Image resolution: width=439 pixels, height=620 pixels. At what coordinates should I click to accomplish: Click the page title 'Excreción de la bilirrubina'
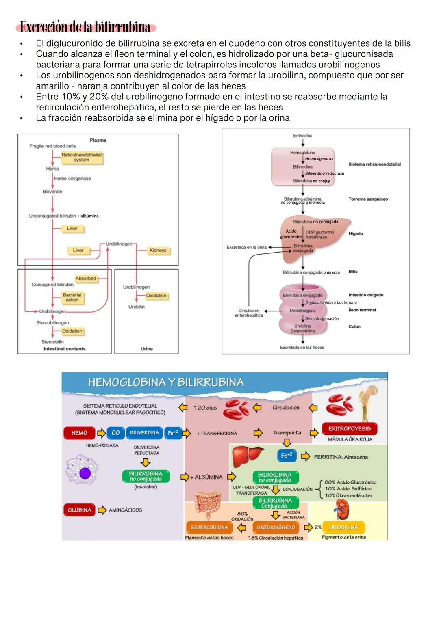pyautogui.click(x=85, y=27)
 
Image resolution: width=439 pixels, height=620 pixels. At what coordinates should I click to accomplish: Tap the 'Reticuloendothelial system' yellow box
pyautogui.click(x=82, y=158)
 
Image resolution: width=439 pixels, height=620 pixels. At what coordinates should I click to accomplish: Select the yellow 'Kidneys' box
pyautogui.click(x=158, y=251)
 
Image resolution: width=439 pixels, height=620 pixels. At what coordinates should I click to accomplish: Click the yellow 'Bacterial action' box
pyautogui.click(x=72, y=298)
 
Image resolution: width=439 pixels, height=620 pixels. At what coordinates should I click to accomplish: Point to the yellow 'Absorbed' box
pyautogui.click(x=86, y=279)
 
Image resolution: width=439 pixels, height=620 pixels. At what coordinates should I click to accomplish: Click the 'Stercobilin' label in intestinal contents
pyautogui.click(x=52, y=342)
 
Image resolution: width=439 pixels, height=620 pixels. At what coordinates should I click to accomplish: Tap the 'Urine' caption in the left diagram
pyautogui.click(x=146, y=349)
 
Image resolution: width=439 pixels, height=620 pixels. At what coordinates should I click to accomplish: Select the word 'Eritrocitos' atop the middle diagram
pyautogui.click(x=302, y=136)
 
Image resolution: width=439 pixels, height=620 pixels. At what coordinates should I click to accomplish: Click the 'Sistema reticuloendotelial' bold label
pyautogui.click(x=374, y=164)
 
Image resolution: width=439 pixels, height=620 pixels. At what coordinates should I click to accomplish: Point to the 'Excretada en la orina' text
pyautogui.click(x=246, y=247)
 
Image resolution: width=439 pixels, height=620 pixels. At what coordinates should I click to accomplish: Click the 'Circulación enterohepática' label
pyautogui.click(x=249, y=313)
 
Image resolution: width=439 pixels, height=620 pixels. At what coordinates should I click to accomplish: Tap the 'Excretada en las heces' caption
pyautogui.click(x=302, y=348)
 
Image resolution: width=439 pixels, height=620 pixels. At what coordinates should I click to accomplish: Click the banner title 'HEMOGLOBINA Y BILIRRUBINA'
pyautogui.click(x=166, y=382)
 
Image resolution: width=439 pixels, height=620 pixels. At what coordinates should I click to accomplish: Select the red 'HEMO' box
pyautogui.click(x=79, y=433)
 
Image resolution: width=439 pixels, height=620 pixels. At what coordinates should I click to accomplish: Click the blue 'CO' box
pyautogui.click(x=115, y=433)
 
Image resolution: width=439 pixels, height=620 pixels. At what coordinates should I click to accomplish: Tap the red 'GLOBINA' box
pyautogui.click(x=79, y=510)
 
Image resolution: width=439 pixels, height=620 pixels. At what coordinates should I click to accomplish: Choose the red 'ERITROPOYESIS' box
pyautogui.click(x=350, y=429)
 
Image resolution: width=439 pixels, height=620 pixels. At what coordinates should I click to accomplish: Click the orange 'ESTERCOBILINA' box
pyautogui.click(x=209, y=527)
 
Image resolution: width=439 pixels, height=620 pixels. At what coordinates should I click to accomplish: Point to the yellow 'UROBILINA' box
pyautogui.click(x=343, y=527)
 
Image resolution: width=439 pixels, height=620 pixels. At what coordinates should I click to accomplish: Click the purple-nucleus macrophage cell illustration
pyautogui.click(x=83, y=471)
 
